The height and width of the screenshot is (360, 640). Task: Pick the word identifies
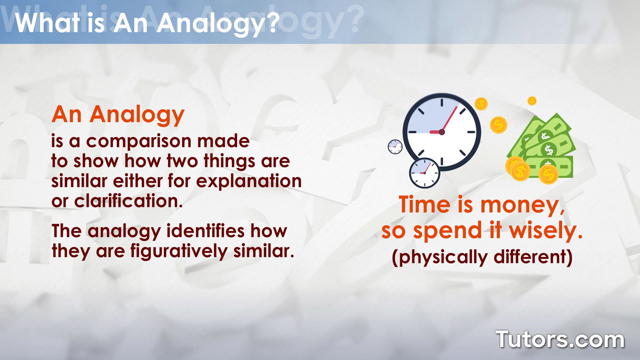click(205, 231)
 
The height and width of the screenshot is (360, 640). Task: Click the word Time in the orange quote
click(424, 204)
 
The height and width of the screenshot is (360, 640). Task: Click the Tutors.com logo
click(560, 340)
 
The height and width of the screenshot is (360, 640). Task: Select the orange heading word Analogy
click(137, 115)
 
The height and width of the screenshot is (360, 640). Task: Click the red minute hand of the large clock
click(450, 119)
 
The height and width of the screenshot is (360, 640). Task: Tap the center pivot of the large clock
click(442, 132)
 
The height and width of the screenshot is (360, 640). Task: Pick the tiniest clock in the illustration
click(395, 147)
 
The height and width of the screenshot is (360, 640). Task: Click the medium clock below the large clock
click(424, 173)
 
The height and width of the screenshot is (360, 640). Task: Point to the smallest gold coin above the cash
click(532, 100)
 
